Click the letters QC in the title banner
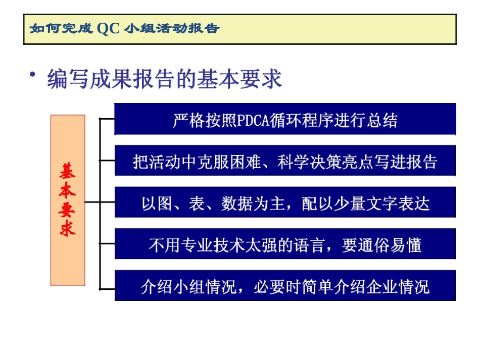[109, 28]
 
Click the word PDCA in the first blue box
[254, 121]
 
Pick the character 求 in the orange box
[67, 228]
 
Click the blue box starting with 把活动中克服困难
[285, 161]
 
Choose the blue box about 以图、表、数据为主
[285, 203]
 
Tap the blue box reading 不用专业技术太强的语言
[285, 245]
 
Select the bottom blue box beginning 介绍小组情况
[285, 286]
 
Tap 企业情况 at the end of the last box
[399, 287]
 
